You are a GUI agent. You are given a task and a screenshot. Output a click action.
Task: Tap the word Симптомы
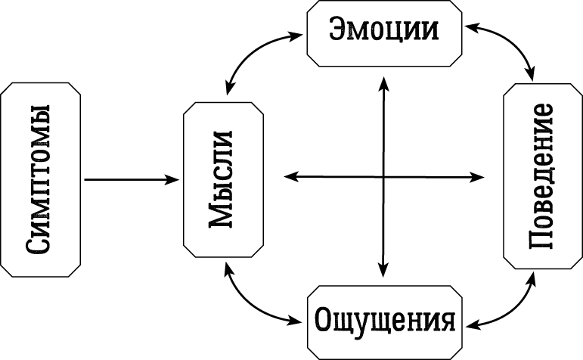(x=41, y=179)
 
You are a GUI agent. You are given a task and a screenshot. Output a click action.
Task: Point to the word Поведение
(x=543, y=179)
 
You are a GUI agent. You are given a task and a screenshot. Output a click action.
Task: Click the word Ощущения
(x=385, y=319)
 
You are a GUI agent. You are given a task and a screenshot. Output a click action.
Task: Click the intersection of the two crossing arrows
(x=383, y=176)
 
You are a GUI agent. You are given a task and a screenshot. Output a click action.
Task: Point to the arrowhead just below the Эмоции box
(x=383, y=80)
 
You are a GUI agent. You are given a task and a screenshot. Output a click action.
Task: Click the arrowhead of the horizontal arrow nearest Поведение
(x=478, y=176)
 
